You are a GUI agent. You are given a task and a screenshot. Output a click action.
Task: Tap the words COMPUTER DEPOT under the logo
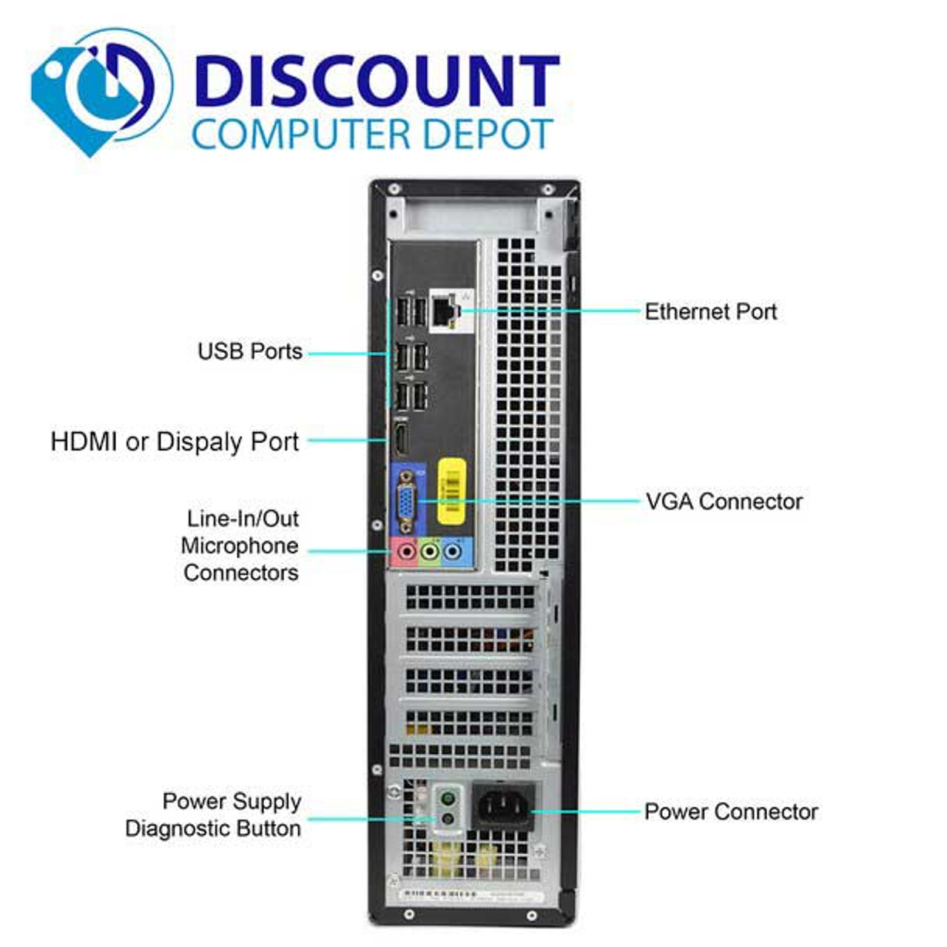(372, 135)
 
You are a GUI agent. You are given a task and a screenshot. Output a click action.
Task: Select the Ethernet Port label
(710, 311)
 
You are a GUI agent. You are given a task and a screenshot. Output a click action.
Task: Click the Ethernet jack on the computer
(445, 313)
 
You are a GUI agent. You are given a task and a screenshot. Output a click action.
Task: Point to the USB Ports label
(250, 351)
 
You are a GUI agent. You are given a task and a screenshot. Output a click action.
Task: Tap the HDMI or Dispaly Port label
(175, 442)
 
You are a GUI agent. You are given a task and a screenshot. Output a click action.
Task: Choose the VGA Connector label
(724, 502)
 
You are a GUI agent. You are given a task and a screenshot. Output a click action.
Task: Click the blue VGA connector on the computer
(405, 502)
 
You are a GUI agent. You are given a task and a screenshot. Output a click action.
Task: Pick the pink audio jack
(405, 551)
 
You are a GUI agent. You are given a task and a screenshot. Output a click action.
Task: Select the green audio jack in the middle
(429, 551)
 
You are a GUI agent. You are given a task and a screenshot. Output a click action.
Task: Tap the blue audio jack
(452, 551)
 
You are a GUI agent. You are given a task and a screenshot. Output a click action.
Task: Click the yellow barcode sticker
(451, 491)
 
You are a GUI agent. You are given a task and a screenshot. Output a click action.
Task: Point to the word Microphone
(240, 546)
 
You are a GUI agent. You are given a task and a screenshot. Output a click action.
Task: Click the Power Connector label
(731, 812)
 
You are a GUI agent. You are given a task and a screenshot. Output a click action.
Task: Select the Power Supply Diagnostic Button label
(213, 815)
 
